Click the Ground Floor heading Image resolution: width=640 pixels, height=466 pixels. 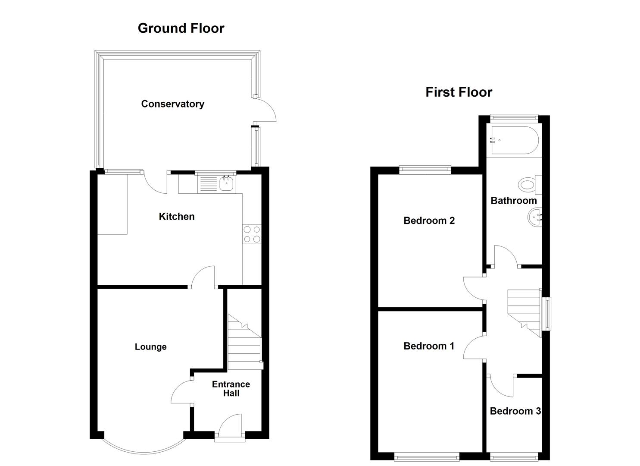tap(181, 28)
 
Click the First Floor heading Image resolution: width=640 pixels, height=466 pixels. tap(459, 92)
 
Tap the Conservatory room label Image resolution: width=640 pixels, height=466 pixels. tap(172, 104)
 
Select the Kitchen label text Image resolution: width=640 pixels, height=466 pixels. tap(177, 217)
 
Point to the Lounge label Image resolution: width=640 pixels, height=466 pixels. tap(150, 347)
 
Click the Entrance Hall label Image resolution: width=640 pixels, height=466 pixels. tap(231, 389)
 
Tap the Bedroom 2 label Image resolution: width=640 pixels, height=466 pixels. tap(429, 221)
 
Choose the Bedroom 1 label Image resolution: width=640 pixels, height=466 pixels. tap(429, 346)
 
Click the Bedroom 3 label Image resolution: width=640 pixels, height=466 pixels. tap(515, 411)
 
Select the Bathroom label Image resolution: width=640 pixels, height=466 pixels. tap(514, 201)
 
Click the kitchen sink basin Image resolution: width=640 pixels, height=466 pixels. tap(226, 184)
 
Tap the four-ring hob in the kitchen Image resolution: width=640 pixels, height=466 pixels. tap(252, 234)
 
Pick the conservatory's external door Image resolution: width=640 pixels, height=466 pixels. tap(265, 110)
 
